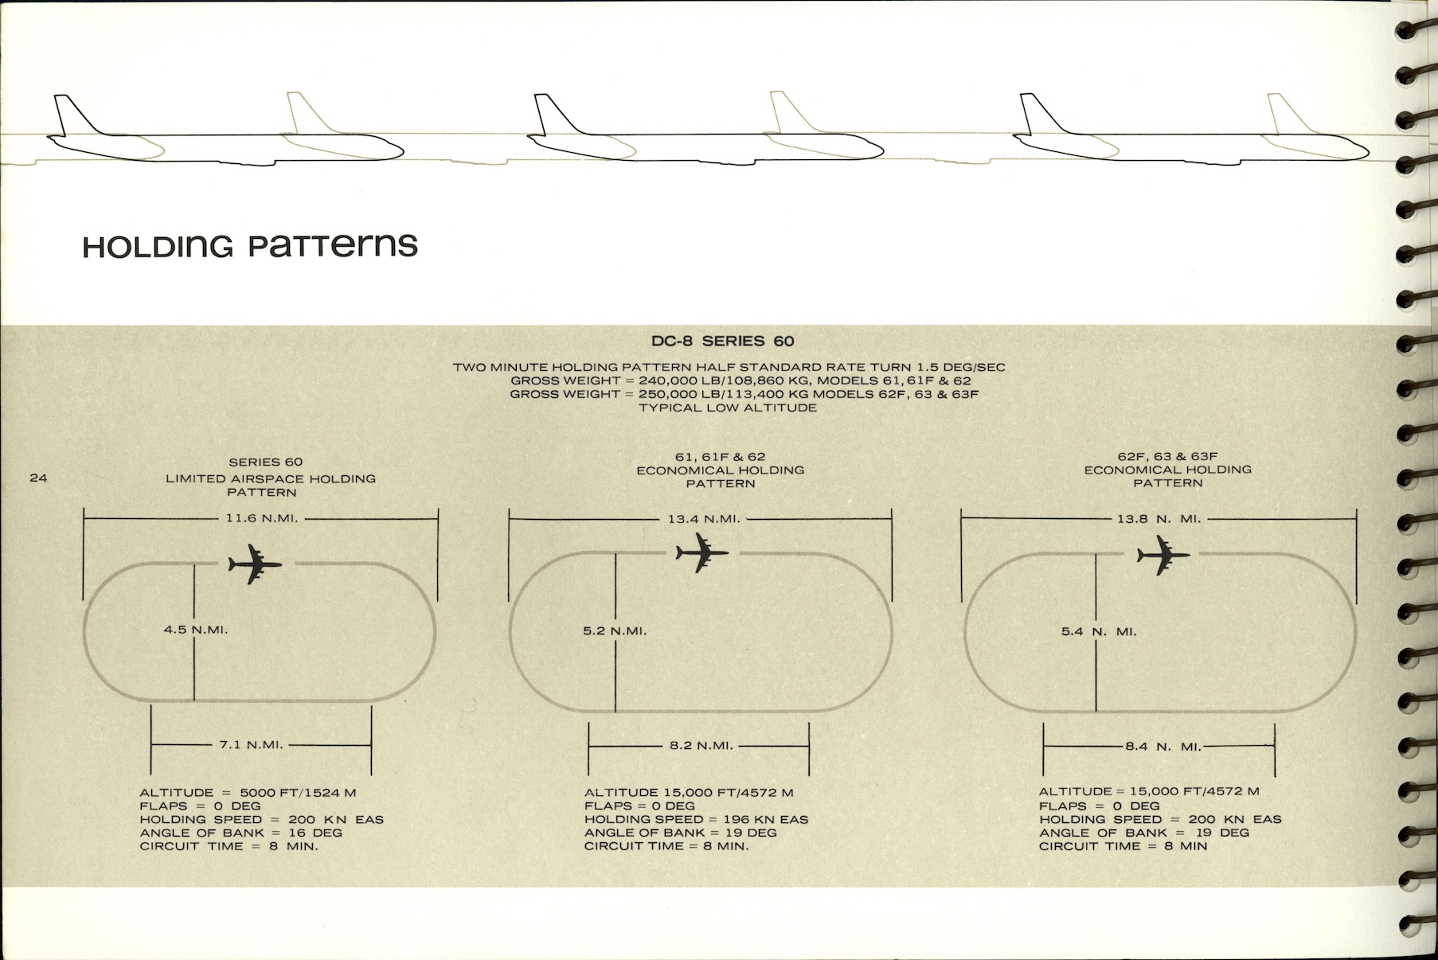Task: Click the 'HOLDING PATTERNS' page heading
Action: pyautogui.click(x=250, y=245)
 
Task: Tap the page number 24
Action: pyautogui.click(x=38, y=478)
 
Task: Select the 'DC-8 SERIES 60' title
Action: pyautogui.click(x=722, y=341)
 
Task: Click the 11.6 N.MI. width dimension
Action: pyautogui.click(x=261, y=518)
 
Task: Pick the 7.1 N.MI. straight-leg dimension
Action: pyautogui.click(x=252, y=745)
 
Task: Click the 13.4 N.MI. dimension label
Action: pyautogui.click(x=704, y=519)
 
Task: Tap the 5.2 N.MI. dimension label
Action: pyautogui.click(x=615, y=631)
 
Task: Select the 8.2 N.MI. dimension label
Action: pyautogui.click(x=701, y=746)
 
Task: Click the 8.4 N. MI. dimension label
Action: pyautogui.click(x=1163, y=747)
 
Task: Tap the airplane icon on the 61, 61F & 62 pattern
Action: pyautogui.click(x=701, y=552)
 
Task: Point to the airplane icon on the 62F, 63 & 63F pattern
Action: pyautogui.click(x=1163, y=555)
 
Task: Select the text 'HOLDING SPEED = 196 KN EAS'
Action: pyautogui.click(x=696, y=819)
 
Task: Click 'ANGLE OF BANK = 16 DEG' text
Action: pyautogui.click(x=240, y=833)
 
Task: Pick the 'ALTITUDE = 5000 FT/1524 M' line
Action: pyautogui.click(x=248, y=792)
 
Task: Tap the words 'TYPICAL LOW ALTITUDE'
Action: pyautogui.click(x=728, y=408)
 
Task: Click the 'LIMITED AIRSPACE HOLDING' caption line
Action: pyautogui.click(x=271, y=478)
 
